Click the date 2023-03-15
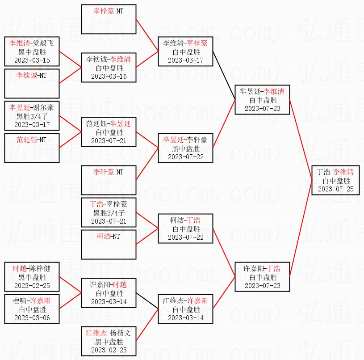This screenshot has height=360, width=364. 32,60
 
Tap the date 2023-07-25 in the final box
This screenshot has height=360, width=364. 335,189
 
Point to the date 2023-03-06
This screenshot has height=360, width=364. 32,318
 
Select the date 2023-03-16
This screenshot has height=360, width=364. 109,76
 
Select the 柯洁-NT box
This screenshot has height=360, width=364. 109,244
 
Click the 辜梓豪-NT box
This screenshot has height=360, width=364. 109,19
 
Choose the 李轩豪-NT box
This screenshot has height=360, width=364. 109,179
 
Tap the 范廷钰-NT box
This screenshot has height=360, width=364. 32,148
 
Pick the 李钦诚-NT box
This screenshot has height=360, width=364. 32,83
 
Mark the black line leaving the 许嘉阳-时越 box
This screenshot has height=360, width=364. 147,301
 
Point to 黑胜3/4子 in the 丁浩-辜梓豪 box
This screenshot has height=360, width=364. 109,212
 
